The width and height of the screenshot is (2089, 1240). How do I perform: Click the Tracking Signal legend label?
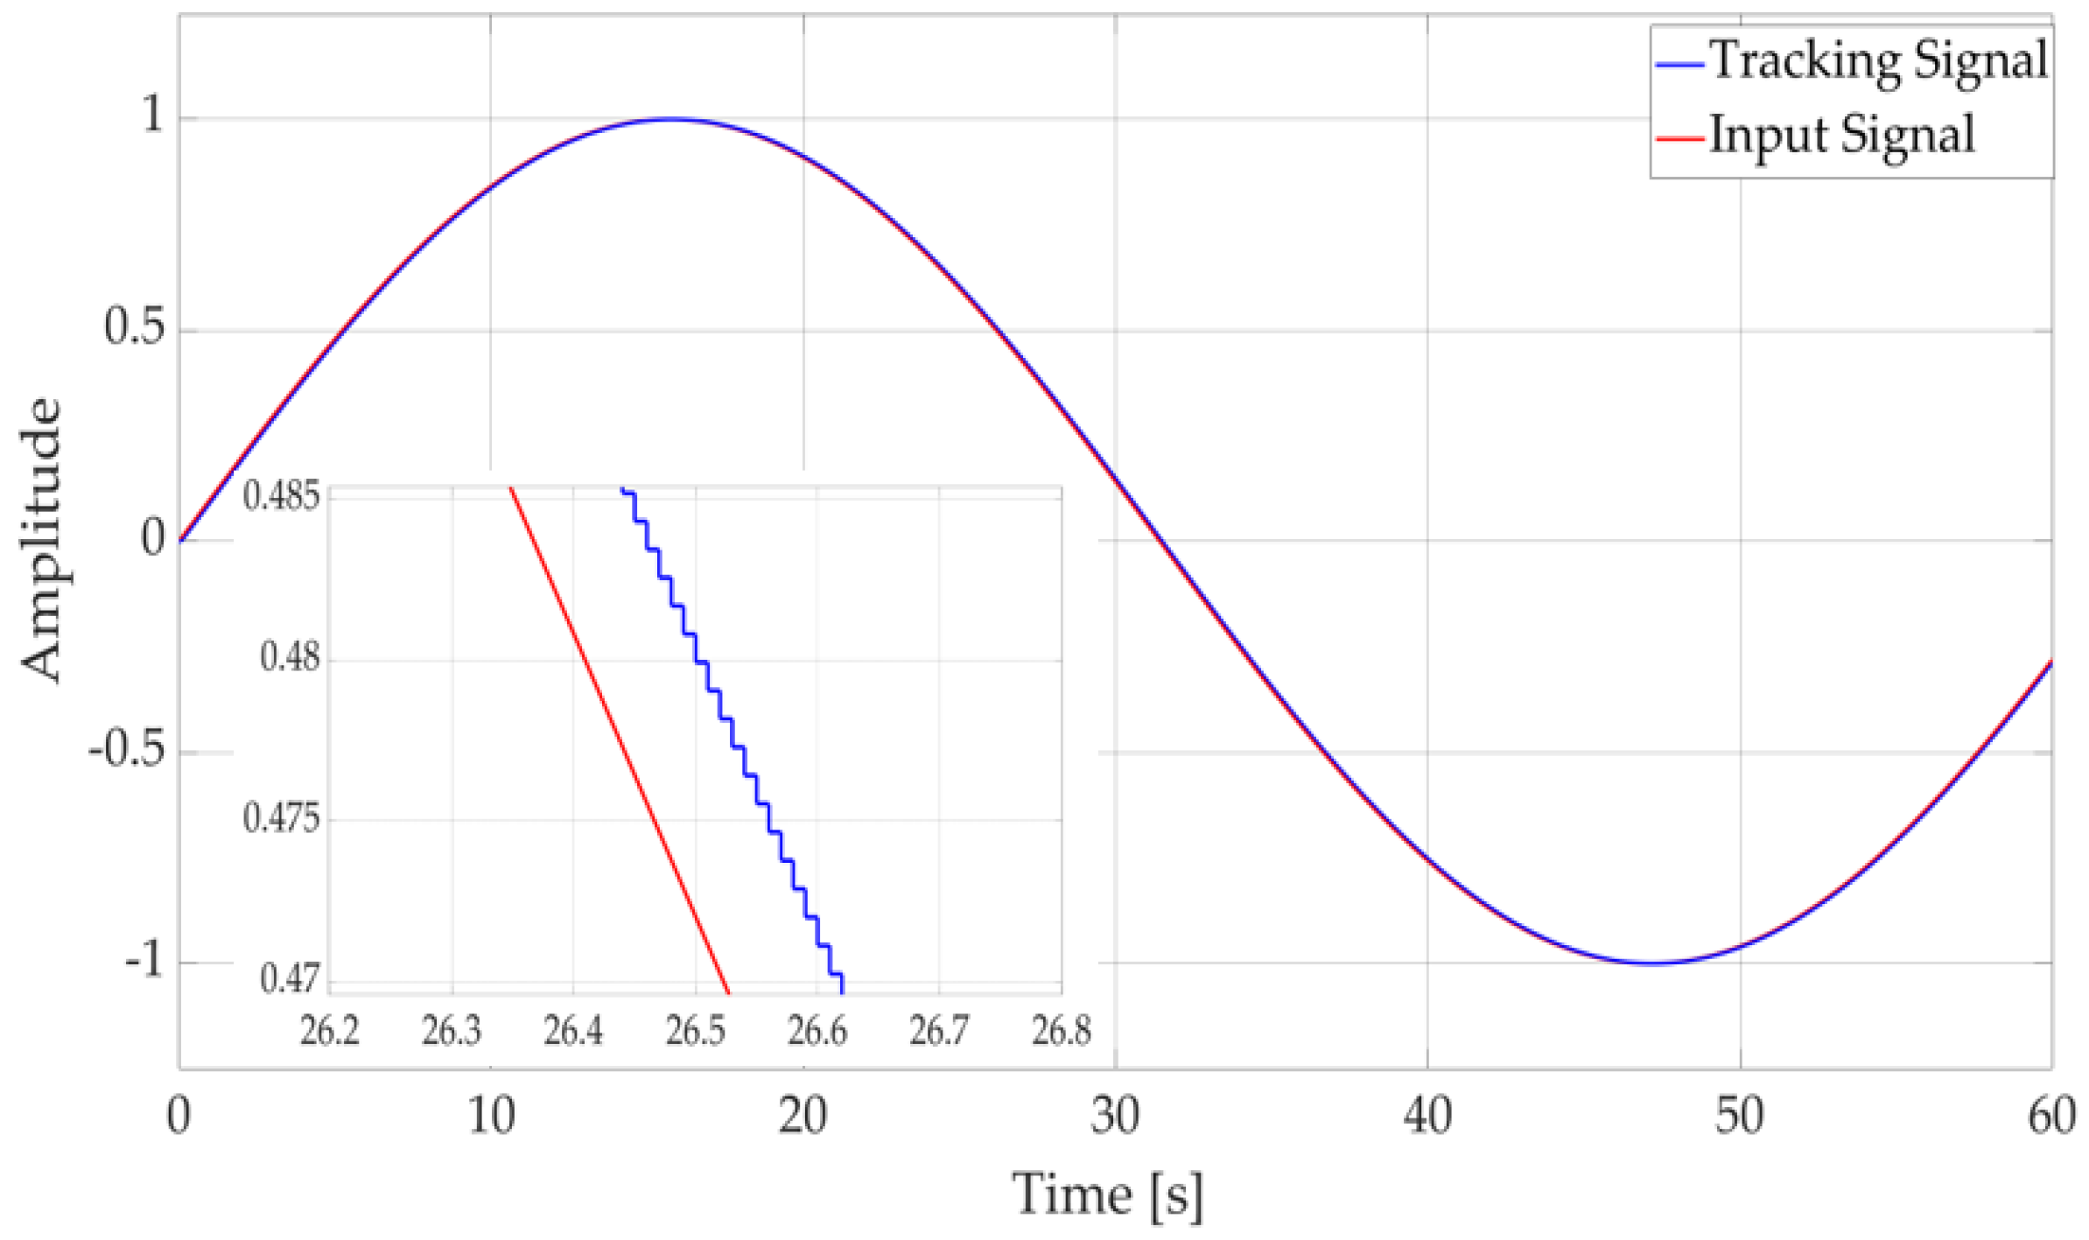point(1878,61)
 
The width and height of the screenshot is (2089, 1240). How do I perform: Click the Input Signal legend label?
point(1841,136)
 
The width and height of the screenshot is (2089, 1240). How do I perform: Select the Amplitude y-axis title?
point(42,539)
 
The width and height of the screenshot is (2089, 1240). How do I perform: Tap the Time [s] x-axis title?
point(1107,1194)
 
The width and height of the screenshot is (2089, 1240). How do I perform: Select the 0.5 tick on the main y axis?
point(134,327)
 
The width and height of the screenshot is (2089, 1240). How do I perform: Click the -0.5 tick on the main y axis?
point(126,750)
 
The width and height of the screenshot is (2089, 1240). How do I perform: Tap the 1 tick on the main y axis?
point(153,115)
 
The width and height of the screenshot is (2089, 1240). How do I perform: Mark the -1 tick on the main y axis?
point(144,961)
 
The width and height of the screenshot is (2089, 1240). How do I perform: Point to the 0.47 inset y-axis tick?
point(290,978)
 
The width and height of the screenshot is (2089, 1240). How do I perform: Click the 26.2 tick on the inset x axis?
point(330,1031)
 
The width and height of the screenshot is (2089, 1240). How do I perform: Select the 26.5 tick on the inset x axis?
point(696,1031)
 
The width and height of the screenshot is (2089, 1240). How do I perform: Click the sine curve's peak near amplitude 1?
point(671,119)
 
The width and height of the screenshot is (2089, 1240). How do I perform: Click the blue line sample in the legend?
point(1679,65)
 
